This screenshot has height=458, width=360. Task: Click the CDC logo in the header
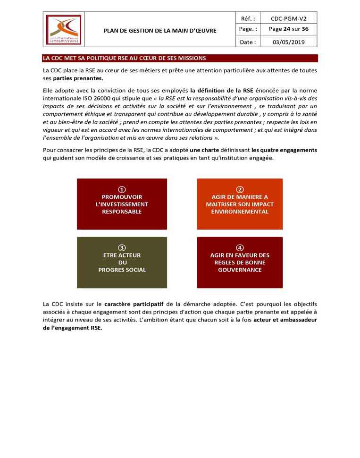click(x=63, y=30)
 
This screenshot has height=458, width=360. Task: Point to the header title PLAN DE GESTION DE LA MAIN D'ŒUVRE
click(x=160, y=31)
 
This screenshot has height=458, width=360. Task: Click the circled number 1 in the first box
click(x=122, y=189)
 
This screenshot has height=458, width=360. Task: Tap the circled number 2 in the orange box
click(x=240, y=189)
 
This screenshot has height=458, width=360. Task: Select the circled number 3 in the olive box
click(x=122, y=247)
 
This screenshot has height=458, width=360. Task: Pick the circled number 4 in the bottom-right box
click(x=240, y=247)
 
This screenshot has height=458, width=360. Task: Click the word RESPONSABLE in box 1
click(x=122, y=212)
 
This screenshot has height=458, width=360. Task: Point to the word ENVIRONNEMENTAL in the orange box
click(x=240, y=212)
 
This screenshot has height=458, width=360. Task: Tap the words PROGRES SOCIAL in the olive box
click(x=122, y=270)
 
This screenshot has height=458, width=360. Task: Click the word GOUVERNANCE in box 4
click(x=240, y=270)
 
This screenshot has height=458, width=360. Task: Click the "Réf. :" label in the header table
click(x=248, y=19)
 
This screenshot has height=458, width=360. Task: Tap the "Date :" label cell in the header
click(x=248, y=42)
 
